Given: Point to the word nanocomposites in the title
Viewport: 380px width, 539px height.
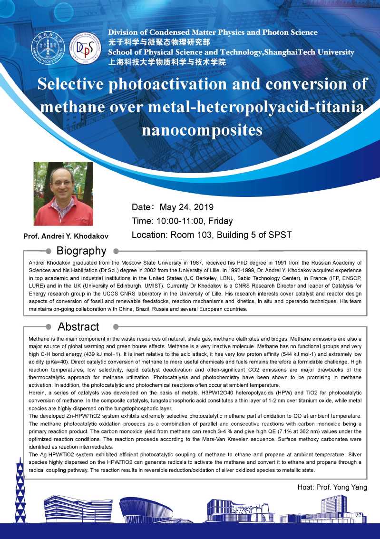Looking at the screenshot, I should coord(202,129).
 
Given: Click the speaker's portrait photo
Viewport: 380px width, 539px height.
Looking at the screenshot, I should coord(63,194).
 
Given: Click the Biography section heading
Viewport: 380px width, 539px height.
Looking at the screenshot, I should coord(81,251).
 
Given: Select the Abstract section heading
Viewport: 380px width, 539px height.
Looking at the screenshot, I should coord(78,327).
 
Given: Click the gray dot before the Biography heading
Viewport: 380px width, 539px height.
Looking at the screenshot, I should coord(48,251).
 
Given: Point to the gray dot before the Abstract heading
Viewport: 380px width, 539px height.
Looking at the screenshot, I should coord(48,327).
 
